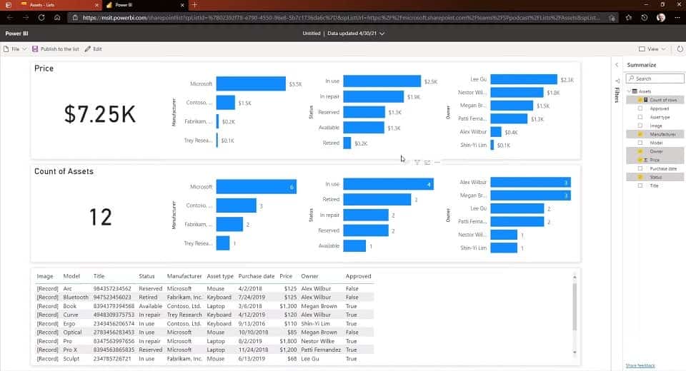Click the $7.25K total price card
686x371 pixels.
click(99, 114)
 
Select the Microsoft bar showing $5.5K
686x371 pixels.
click(251, 83)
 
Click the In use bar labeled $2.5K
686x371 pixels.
click(382, 81)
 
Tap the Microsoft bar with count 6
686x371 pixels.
click(256, 187)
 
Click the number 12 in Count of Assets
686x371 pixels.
click(100, 217)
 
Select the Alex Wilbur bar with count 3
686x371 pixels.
click(530, 182)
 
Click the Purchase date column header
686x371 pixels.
click(257, 276)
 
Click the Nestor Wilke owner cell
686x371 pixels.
click(318, 341)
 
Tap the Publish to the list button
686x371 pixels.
click(56, 49)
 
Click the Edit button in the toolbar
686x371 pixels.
click(94, 49)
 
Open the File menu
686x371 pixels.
click(15, 49)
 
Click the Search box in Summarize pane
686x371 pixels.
click(652, 78)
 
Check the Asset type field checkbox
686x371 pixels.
click(640, 117)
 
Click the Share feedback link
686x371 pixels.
click(640, 365)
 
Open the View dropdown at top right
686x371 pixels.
click(652, 49)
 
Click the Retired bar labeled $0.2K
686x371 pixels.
click(347, 143)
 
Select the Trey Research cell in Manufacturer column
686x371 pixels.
click(185, 315)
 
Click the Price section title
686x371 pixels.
click(44, 68)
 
